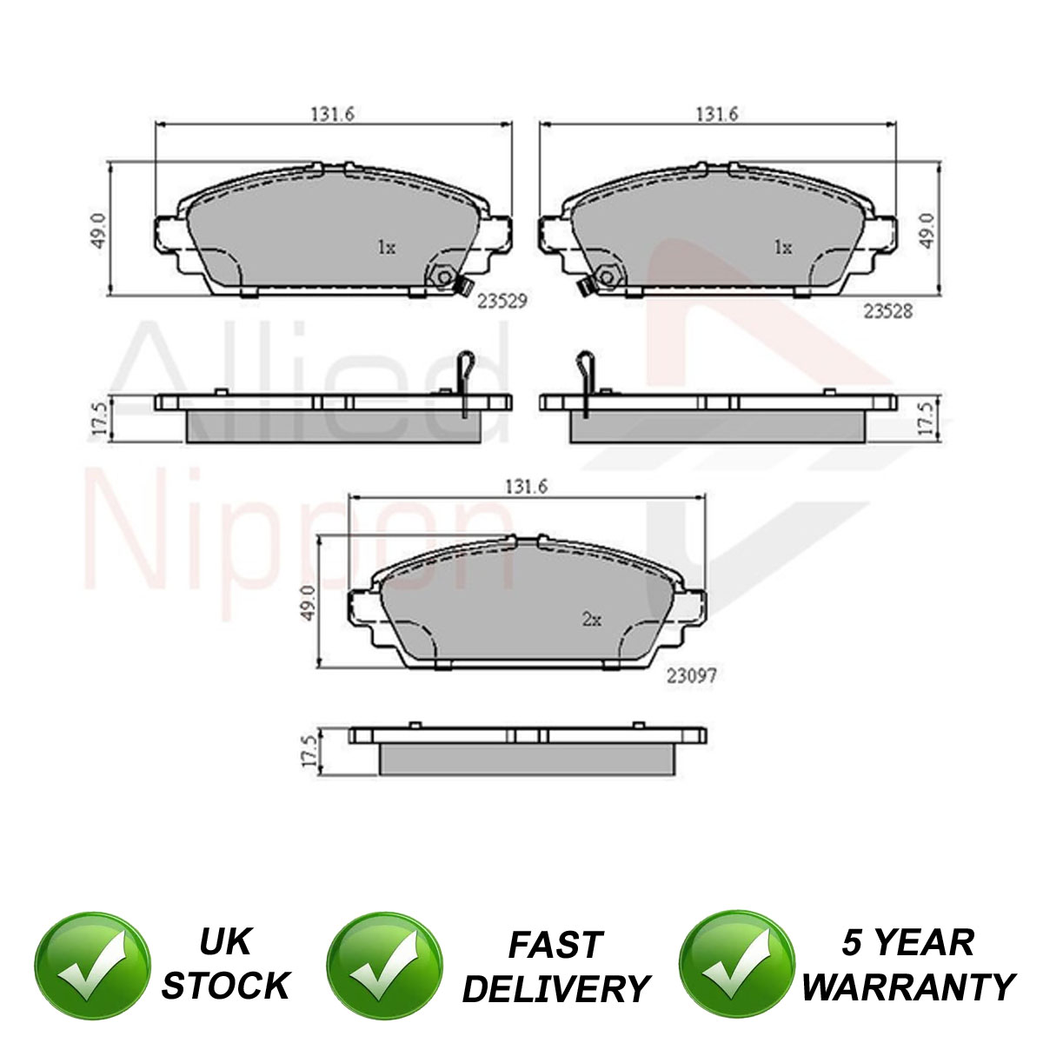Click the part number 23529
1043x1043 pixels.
coord(502,301)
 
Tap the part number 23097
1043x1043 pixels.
coord(691,675)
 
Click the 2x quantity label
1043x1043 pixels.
coord(592,620)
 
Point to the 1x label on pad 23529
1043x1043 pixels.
coord(387,248)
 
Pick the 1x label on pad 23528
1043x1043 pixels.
coord(783,248)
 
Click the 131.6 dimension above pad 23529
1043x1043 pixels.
coord(332,114)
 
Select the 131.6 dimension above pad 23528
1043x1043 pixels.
coord(717,114)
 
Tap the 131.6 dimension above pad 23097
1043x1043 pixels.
coord(527,487)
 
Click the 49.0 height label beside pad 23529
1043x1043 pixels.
coord(100,230)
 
